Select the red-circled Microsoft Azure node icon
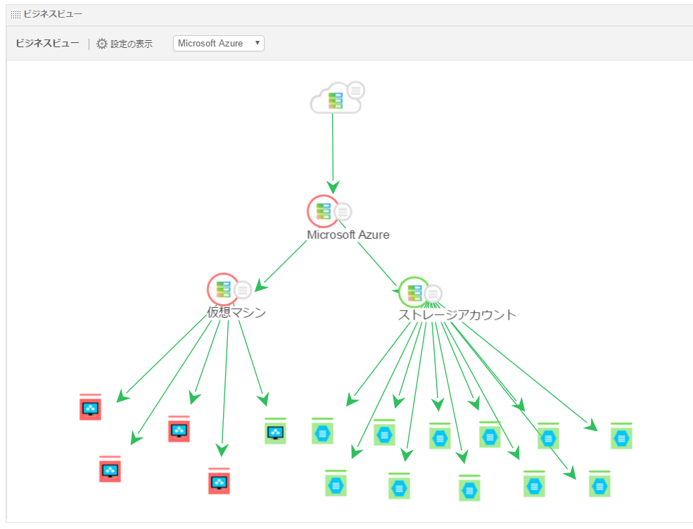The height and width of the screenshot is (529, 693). click(323, 211)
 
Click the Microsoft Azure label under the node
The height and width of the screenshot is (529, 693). click(348, 235)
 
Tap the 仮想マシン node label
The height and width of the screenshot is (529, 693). click(236, 313)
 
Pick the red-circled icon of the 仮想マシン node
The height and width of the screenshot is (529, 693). click(223, 289)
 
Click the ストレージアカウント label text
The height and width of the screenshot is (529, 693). click(457, 315)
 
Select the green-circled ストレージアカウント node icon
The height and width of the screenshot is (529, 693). click(414, 292)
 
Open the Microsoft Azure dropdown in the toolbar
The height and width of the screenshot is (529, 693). click(218, 44)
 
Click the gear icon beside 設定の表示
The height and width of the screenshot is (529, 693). click(102, 44)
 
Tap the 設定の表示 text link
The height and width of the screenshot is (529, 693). click(132, 44)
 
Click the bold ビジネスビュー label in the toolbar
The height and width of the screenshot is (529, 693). click(48, 44)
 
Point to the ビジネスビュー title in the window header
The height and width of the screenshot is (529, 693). click(53, 14)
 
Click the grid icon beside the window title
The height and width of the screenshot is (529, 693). click(15, 14)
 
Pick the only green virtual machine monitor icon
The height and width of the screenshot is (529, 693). click(275, 431)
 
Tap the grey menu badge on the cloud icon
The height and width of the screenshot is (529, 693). click(357, 90)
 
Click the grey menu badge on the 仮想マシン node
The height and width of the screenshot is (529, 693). click(243, 290)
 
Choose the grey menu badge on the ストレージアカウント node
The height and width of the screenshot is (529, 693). click(434, 293)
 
